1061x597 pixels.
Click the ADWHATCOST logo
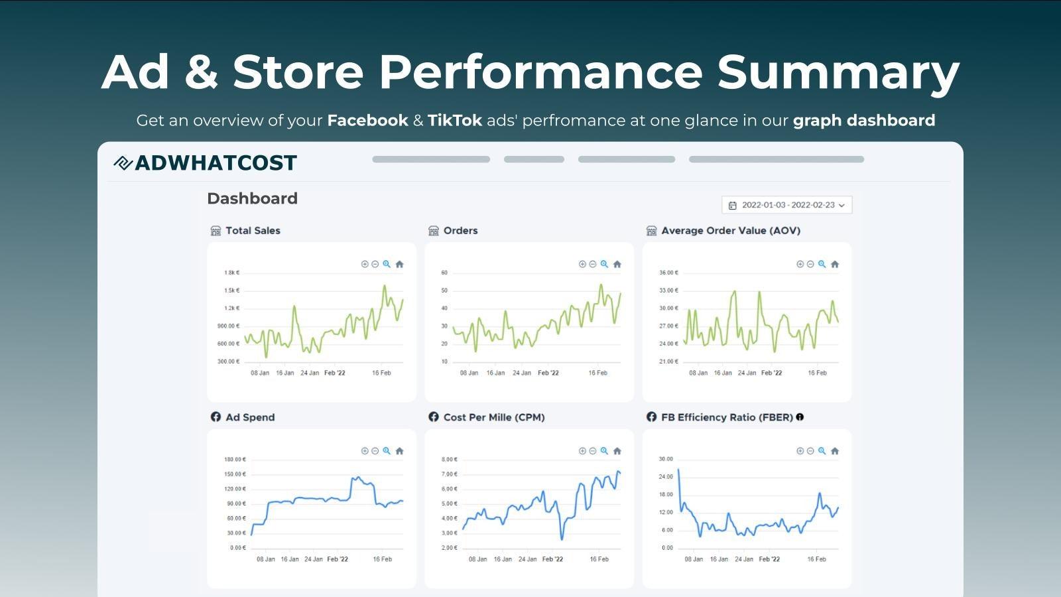pyautogui.click(x=206, y=163)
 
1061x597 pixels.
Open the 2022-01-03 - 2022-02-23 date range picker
pyautogui.click(x=786, y=205)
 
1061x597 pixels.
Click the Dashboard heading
pyautogui.click(x=252, y=198)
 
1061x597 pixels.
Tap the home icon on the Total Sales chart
pyautogui.click(x=399, y=264)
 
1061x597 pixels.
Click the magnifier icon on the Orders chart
pyautogui.click(x=604, y=264)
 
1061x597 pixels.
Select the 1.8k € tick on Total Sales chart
pyautogui.click(x=231, y=273)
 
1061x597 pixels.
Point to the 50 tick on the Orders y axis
pyautogui.click(x=444, y=291)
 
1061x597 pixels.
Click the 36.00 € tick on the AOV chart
pyautogui.click(x=668, y=273)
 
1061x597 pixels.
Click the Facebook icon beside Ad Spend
pyautogui.click(x=216, y=417)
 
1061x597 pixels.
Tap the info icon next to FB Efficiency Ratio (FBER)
pyautogui.click(x=800, y=417)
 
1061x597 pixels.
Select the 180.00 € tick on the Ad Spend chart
pyautogui.click(x=235, y=459)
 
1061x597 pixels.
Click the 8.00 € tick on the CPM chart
pyautogui.click(x=449, y=459)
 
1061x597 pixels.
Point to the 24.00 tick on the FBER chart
pyautogui.click(x=666, y=476)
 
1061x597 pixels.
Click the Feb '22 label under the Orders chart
pyautogui.click(x=548, y=373)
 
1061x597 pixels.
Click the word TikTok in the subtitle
pyautogui.click(x=454, y=120)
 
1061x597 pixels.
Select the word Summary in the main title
pyautogui.click(x=838, y=72)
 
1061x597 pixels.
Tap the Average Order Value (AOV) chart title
pyautogui.click(x=730, y=230)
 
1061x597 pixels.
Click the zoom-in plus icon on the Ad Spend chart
pyautogui.click(x=365, y=450)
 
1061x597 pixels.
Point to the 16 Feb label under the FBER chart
pyautogui.click(x=816, y=559)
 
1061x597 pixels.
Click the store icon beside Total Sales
pyautogui.click(x=216, y=230)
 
